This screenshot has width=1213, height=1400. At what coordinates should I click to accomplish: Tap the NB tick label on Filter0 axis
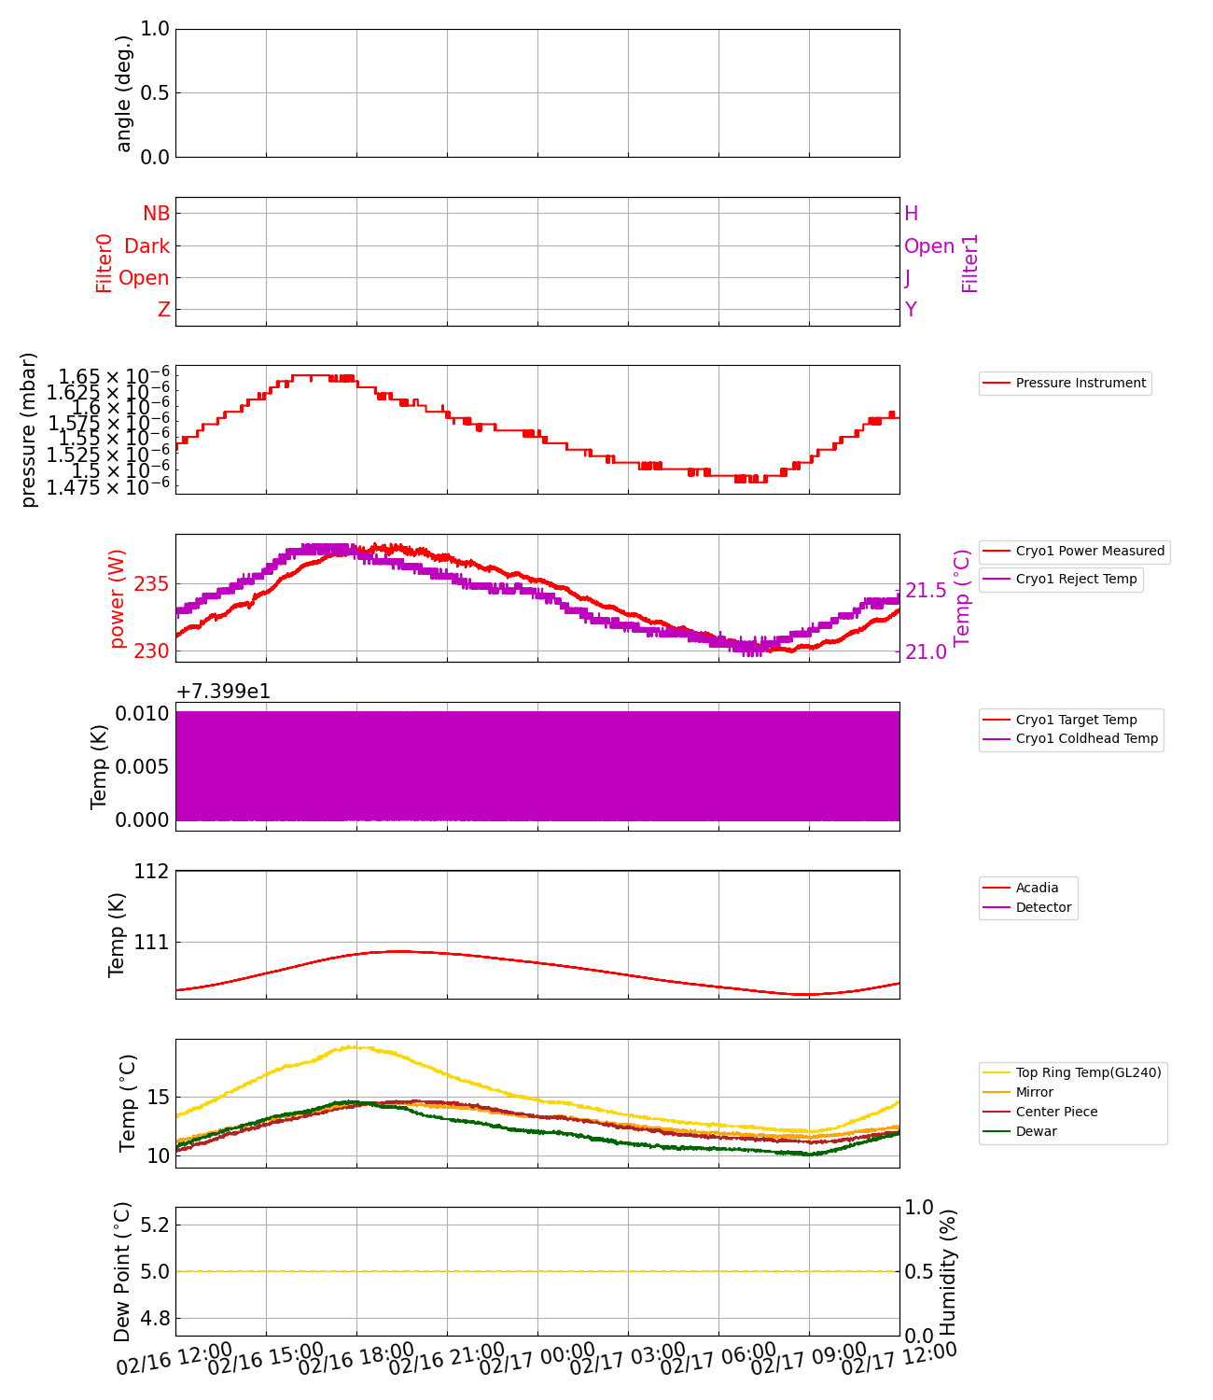tap(156, 214)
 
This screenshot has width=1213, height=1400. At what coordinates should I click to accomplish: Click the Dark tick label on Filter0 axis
tap(147, 246)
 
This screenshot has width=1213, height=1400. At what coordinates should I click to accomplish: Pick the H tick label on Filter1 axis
tap(912, 214)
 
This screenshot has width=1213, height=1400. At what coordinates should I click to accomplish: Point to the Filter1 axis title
tap(970, 263)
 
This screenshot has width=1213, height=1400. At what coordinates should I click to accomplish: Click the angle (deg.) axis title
tap(124, 93)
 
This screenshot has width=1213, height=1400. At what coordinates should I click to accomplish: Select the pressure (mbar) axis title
tap(29, 429)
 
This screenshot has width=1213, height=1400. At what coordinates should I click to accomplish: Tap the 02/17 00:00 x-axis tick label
tap(537, 1360)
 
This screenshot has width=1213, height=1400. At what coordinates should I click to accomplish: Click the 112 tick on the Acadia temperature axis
tap(152, 871)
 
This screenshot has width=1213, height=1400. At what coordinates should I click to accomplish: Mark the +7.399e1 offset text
tap(223, 692)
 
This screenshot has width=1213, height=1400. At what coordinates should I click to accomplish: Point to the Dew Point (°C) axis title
tap(122, 1271)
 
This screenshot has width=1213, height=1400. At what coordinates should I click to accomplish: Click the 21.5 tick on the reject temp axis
tap(926, 590)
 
